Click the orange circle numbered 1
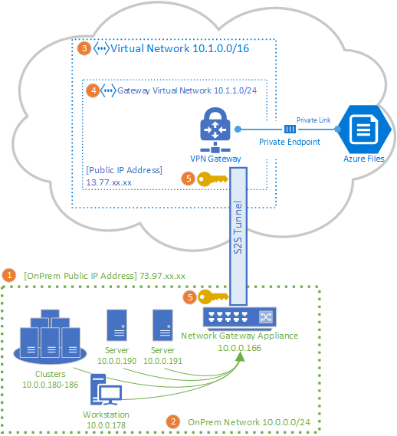pos(10,274)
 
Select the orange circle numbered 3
pos(84,48)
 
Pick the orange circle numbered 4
pos(94,90)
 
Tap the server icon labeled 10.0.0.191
pos(162,326)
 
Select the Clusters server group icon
pos(48,335)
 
